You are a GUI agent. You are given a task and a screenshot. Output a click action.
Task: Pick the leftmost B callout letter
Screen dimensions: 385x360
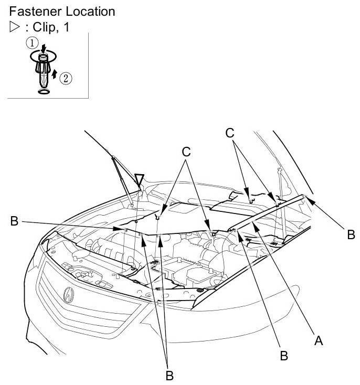[x=15, y=222]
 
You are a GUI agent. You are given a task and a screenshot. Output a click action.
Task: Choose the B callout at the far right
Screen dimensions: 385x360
[x=350, y=234]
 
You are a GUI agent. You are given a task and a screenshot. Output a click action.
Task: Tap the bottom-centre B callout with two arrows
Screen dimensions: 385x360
[x=169, y=375]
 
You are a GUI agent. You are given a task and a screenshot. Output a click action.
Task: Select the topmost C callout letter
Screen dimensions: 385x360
[x=229, y=133]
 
